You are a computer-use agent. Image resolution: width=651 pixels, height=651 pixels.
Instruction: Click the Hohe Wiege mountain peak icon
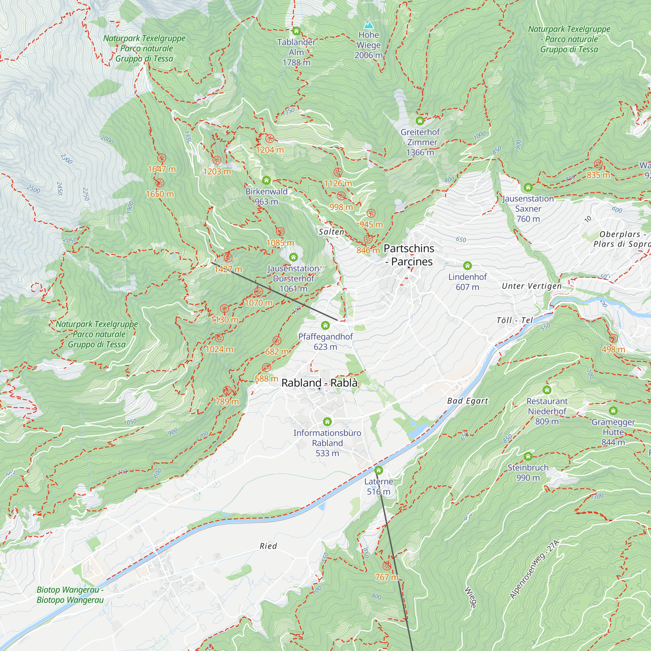369,26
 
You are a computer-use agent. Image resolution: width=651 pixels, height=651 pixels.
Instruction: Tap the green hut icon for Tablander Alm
296,31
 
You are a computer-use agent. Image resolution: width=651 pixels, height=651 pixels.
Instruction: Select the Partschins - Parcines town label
409,255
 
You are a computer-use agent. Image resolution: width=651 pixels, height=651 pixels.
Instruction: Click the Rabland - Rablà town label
319,383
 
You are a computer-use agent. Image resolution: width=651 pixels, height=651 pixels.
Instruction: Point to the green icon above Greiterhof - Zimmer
420,121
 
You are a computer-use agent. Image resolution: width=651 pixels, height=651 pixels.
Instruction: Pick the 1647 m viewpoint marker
162,158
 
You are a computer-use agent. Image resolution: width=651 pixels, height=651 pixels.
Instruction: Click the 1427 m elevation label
228,269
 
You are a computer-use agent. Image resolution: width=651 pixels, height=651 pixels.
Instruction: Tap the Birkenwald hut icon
266,180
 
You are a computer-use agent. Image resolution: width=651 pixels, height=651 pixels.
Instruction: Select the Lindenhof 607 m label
467,282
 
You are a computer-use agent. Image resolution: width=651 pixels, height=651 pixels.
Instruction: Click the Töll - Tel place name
515,320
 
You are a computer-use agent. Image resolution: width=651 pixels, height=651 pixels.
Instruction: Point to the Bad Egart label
467,401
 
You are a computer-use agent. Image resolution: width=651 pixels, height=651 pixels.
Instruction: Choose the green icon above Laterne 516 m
379,470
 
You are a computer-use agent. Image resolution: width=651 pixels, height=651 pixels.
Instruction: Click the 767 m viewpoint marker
386,566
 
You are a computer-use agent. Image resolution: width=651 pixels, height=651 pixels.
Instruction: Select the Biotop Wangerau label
70,595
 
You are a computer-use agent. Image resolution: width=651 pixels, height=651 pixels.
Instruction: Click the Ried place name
268,546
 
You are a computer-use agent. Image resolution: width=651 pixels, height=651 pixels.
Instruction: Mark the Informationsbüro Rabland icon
327,422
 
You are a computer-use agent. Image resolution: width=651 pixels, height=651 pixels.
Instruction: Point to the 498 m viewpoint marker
613,338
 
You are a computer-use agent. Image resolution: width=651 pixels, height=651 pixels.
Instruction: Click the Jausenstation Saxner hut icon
528,187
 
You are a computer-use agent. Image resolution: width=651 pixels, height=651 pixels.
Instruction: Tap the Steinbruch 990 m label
528,472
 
